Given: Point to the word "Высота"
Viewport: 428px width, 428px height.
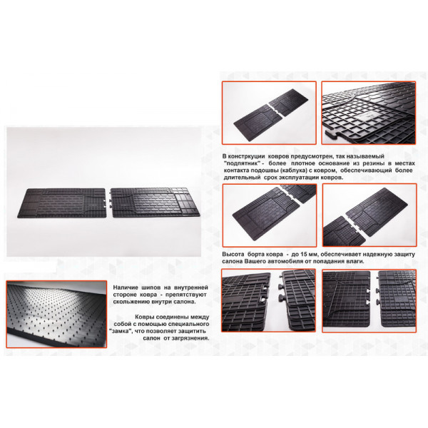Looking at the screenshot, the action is click(233, 254).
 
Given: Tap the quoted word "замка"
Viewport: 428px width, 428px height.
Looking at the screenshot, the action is click(119, 331).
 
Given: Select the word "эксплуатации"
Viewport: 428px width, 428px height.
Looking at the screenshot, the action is click(298, 178).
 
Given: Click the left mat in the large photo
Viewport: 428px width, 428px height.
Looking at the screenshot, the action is click(62, 203).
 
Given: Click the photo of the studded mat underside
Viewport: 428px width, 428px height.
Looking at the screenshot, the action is click(56, 314).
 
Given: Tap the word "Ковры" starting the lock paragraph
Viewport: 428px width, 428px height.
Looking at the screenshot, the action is click(144, 317).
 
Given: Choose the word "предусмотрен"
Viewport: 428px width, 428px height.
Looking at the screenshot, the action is click(307, 156).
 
